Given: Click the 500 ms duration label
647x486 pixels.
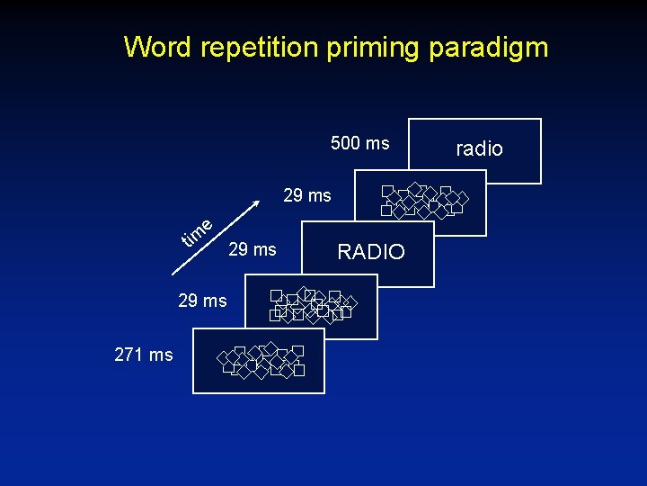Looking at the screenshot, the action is coord(359,143).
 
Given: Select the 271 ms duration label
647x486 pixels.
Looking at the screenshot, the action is coord(144,355).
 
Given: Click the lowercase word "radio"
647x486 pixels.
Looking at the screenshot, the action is coord(479,149).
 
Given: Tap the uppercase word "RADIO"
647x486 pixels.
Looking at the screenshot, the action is coord(370,253).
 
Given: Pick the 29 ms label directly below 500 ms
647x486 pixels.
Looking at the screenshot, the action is coord(307,195).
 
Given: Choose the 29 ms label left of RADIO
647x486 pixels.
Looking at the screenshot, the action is coord(253,249).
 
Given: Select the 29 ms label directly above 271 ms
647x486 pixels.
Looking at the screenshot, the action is coord(202,301).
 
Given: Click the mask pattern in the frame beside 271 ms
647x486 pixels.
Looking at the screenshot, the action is coord(261,361).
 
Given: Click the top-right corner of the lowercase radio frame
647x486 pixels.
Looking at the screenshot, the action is coord(541,120).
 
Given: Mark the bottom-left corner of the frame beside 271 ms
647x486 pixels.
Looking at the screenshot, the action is coord(194,392).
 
